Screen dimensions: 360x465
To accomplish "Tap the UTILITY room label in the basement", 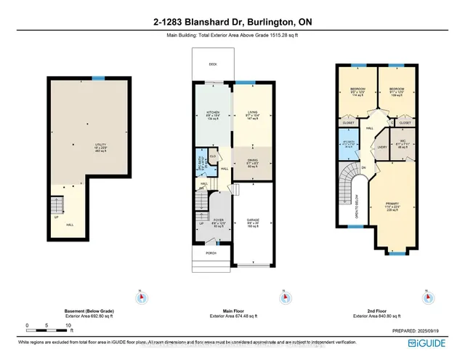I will pos(100,145).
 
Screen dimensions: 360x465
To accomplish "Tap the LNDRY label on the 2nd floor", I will pos(381,147).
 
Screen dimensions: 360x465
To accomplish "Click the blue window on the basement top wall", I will pos(98,77).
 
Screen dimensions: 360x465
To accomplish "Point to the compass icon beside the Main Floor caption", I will pos(281,297).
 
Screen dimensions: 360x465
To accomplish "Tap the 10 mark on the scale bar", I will pos(68,325).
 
